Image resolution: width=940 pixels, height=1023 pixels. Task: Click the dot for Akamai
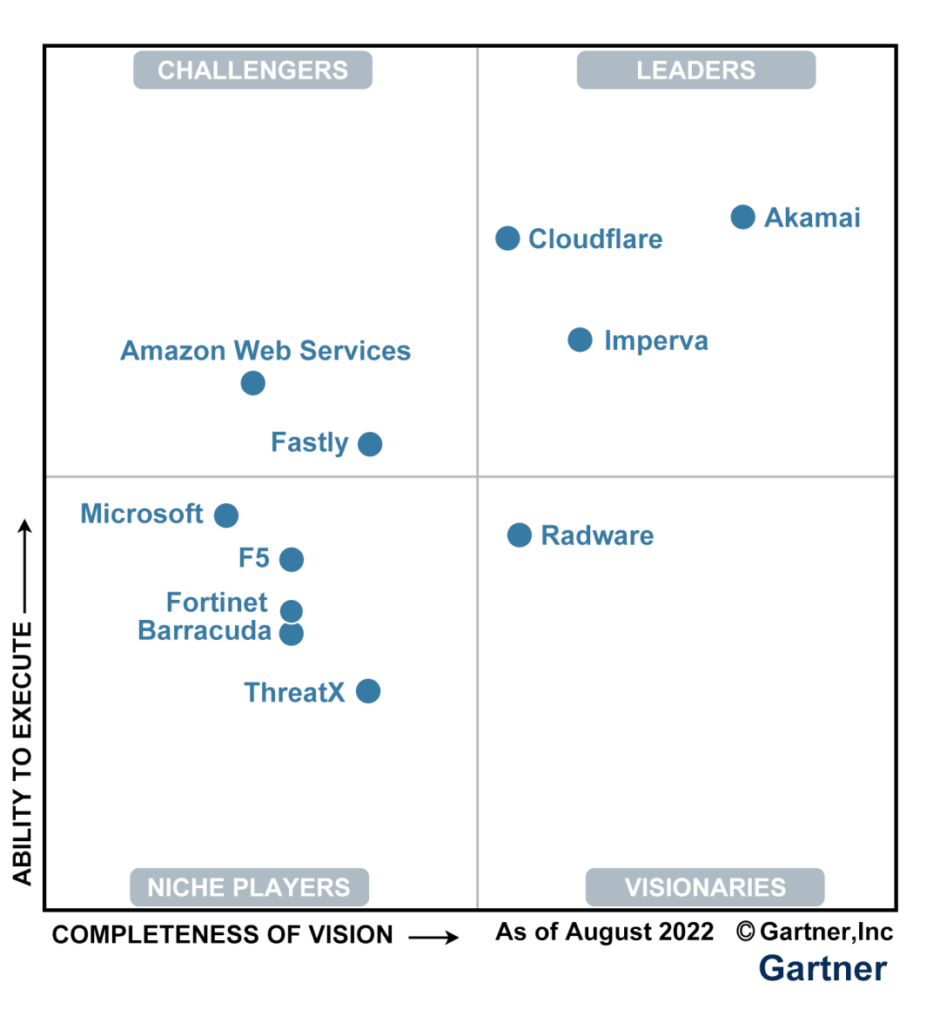742,217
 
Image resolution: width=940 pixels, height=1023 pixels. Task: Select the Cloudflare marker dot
507,239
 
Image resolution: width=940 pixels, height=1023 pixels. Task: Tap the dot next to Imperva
580,340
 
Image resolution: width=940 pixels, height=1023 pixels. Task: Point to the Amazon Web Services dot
252,383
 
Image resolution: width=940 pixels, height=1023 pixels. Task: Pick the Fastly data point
370,444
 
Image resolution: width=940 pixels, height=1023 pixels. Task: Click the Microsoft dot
226,515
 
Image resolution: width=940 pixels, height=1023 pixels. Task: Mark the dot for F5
292,559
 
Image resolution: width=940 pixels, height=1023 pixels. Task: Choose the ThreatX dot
368,691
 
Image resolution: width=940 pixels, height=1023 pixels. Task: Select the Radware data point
520,535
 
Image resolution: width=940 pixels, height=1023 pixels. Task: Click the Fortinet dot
292,610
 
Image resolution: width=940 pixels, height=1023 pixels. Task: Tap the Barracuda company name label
205,630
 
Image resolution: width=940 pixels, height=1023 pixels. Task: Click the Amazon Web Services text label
265,351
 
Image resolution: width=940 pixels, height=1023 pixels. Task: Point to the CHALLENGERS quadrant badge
252,71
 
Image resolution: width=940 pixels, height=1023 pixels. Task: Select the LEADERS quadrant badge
696,71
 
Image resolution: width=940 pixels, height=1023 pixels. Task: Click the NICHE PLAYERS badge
249,887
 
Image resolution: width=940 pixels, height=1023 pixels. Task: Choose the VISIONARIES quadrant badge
705,887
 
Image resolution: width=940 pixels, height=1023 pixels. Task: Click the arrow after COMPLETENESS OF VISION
433,937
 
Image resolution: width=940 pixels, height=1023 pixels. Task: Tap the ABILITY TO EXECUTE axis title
23,753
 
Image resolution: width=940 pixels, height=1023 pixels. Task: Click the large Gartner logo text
822,968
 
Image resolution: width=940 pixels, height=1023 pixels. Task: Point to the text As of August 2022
605,932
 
